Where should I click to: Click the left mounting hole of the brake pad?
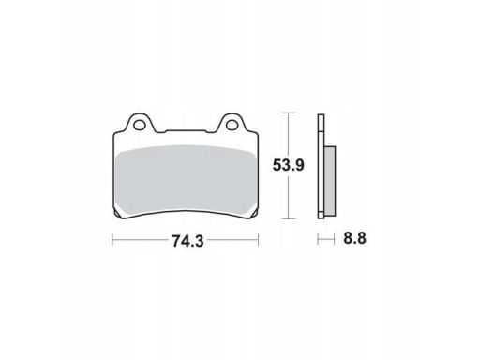(x=139, y=125)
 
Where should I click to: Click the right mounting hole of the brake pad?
(x=232, y=125)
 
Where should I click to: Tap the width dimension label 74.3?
(x=187, y=241)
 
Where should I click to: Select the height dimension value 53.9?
(x=288, y=165)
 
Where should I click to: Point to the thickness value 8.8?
(x=354, y=238)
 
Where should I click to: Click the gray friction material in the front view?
(x=185, y=180)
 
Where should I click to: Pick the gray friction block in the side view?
(x=330, y=181)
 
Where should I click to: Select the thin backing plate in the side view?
(x=321, y=166)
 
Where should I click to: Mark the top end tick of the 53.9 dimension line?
(x=288, y=113)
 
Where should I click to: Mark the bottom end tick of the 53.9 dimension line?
(x=288, y=219)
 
